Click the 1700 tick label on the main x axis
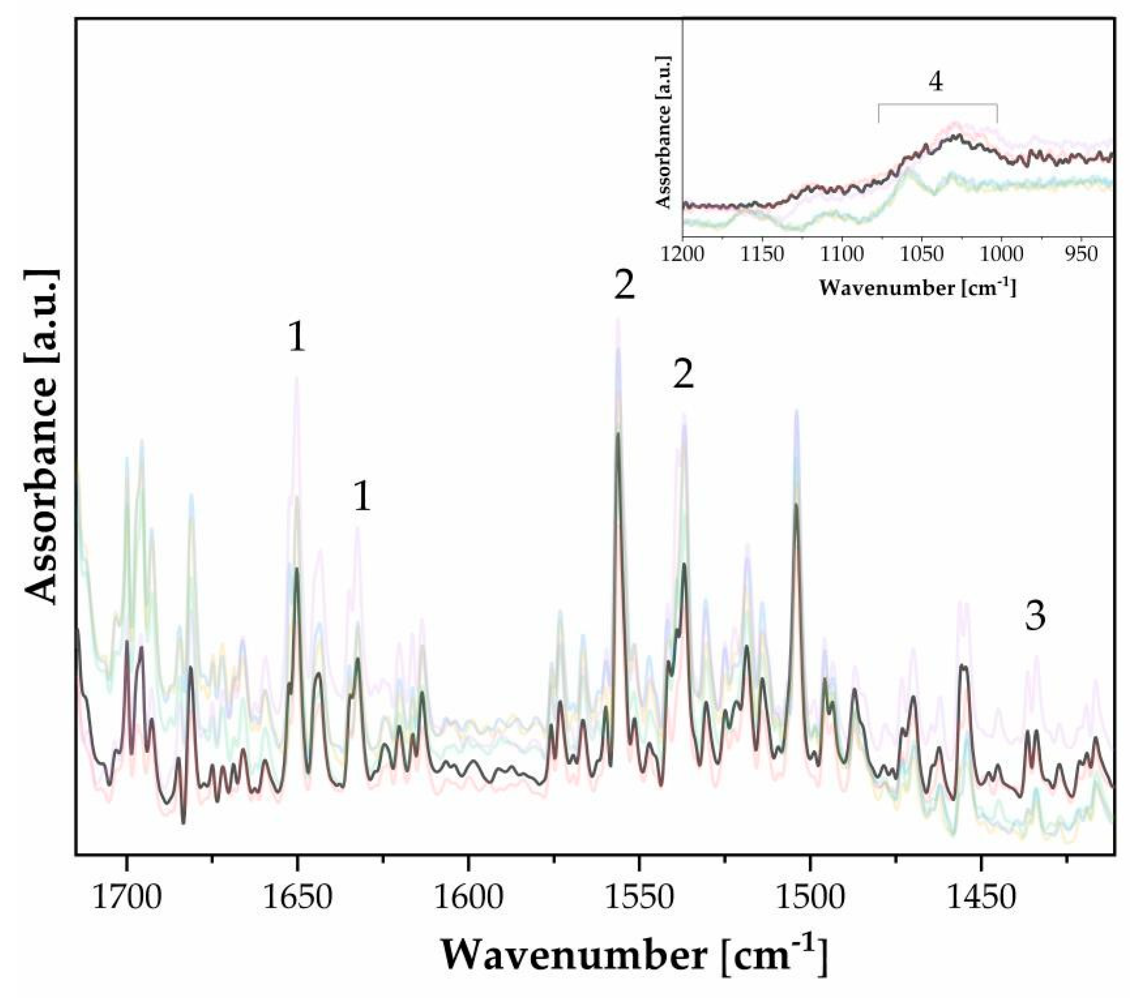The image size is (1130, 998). (127, 899)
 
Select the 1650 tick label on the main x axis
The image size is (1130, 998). (298, 899)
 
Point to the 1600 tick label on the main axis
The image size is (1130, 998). (468, 899)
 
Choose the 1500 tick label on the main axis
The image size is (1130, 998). (810, 899)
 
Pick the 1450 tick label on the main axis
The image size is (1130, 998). (981, 899)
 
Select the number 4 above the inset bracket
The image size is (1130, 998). (936, 82)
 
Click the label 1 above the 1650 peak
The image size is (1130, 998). (297, 338)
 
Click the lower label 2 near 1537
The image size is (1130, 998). (683, 376)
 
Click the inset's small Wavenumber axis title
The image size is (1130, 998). (917, 288)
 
